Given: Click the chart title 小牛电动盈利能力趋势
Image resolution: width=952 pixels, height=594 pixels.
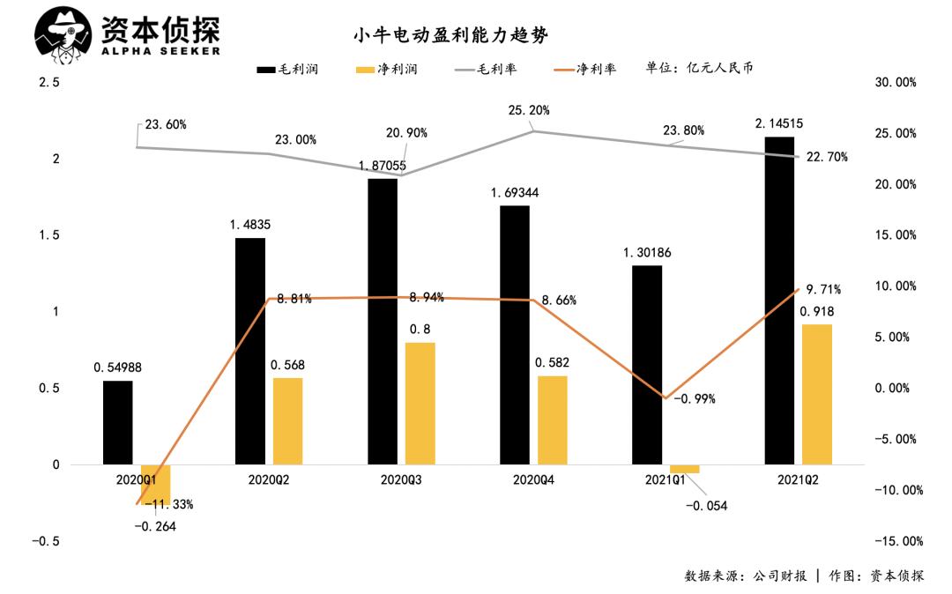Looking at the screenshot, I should click(x=450, y=35).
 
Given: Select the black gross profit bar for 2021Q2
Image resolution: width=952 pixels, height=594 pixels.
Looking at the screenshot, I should click(x=779, y=300).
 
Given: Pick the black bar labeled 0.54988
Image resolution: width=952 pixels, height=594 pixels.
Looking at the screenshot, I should click(x=117, y=422).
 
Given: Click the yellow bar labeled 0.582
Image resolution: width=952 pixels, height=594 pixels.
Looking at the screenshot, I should click(x=553, y=420).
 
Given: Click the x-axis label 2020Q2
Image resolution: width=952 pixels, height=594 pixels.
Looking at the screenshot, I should click(x=269, y=480).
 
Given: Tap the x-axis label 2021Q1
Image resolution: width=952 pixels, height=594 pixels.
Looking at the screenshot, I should click(x=666, y=480).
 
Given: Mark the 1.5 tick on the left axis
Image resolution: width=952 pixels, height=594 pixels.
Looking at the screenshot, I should click(x=48, y=235).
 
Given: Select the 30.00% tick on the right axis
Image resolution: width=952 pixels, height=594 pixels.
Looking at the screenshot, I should click(x=895, y=83).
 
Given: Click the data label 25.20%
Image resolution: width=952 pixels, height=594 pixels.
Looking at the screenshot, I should click(x=529, y=111).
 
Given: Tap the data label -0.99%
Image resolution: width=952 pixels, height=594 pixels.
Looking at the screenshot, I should click(x=695, y=399).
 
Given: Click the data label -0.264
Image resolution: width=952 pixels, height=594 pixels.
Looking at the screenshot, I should click(x=155, y=526).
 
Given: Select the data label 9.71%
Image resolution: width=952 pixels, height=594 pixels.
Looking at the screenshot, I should click(x=823, y=289).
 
